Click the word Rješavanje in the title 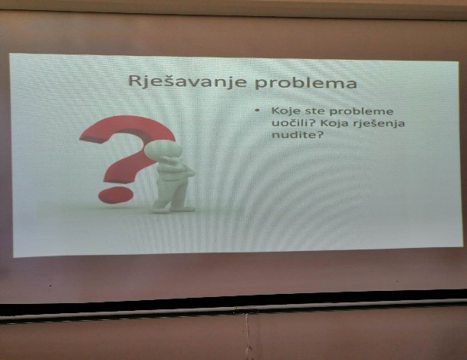[187, 81]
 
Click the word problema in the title [305, 82]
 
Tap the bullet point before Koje [258, 111]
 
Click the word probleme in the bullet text [360, 112]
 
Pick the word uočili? [293, 123]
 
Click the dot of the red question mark [116, 195]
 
